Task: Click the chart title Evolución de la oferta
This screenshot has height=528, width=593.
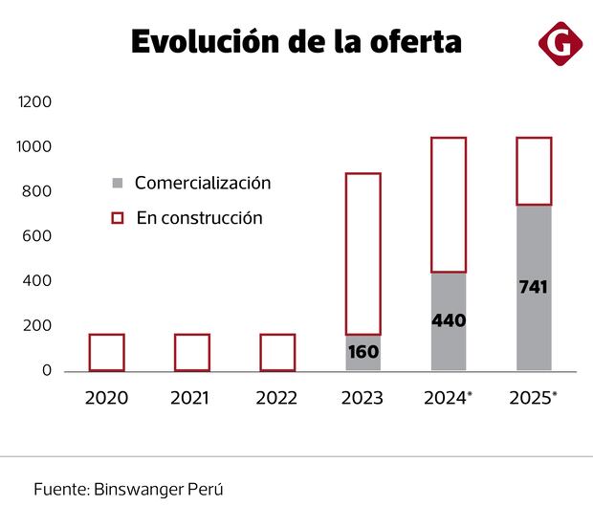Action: tap(296, 42)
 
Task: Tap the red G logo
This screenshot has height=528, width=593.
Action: tap(557, 43)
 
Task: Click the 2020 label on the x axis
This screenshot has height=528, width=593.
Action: tap(106, 398)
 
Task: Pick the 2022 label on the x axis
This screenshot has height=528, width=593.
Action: tap(277, 398)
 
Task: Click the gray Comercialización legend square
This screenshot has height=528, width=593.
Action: tap(118, 183)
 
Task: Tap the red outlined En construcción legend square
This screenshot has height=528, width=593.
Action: tap(118, 218)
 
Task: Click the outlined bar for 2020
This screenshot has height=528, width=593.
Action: tap(106, 352)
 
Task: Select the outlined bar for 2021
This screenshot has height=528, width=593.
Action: tap(191, 352)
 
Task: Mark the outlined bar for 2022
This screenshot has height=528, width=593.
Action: tap(277, 352)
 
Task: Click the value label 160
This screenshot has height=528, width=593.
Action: tap(362, 352)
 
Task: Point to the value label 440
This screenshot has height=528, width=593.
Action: tap(449, 320)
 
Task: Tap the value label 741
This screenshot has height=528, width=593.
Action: tap(534, 286)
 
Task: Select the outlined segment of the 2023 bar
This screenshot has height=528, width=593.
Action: tap(362, 253)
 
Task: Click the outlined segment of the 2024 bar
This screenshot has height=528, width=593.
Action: tap(449, 205)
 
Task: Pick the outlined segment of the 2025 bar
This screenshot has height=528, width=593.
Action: tap(534, 171)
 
